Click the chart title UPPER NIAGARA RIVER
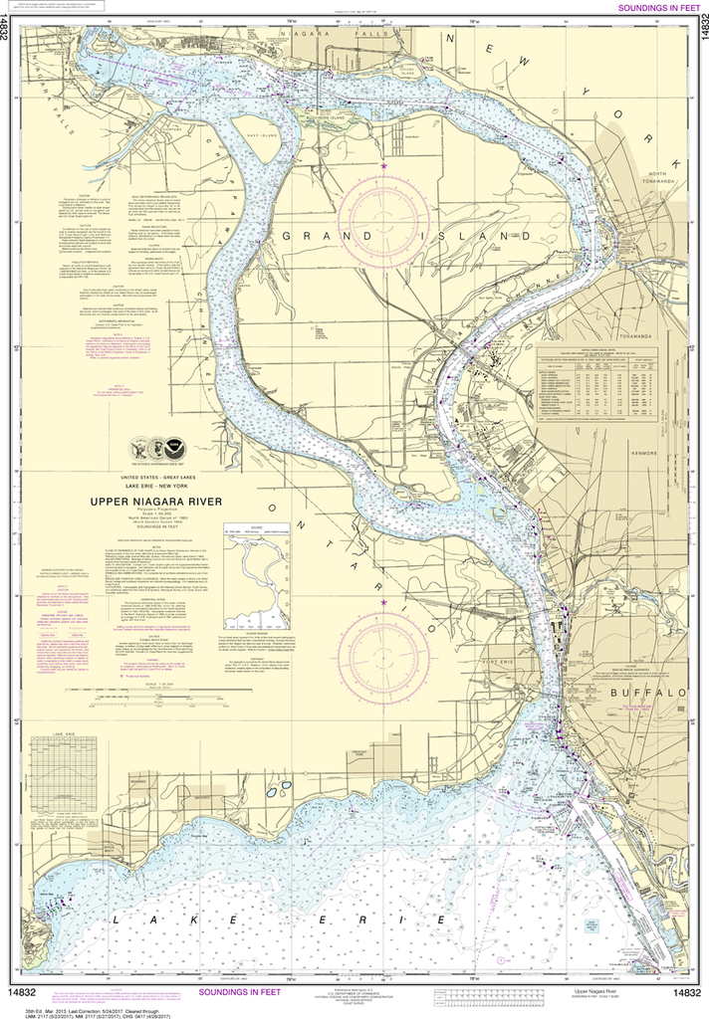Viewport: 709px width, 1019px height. pyautogui.click(x=157, y=503)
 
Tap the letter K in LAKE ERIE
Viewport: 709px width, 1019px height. pyautogui.click(x=182, y=922)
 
